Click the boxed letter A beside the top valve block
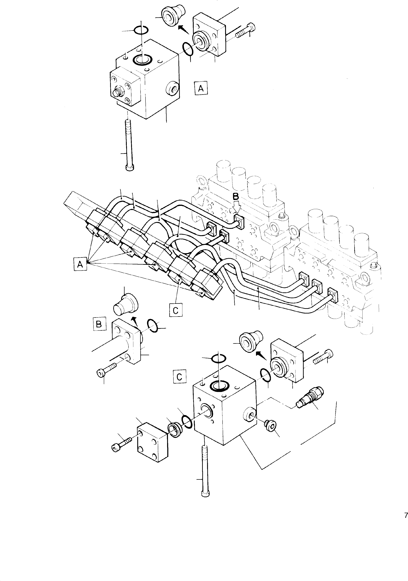point(201,88)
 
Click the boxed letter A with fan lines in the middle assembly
point(80,264)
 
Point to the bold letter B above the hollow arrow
point(236,196)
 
